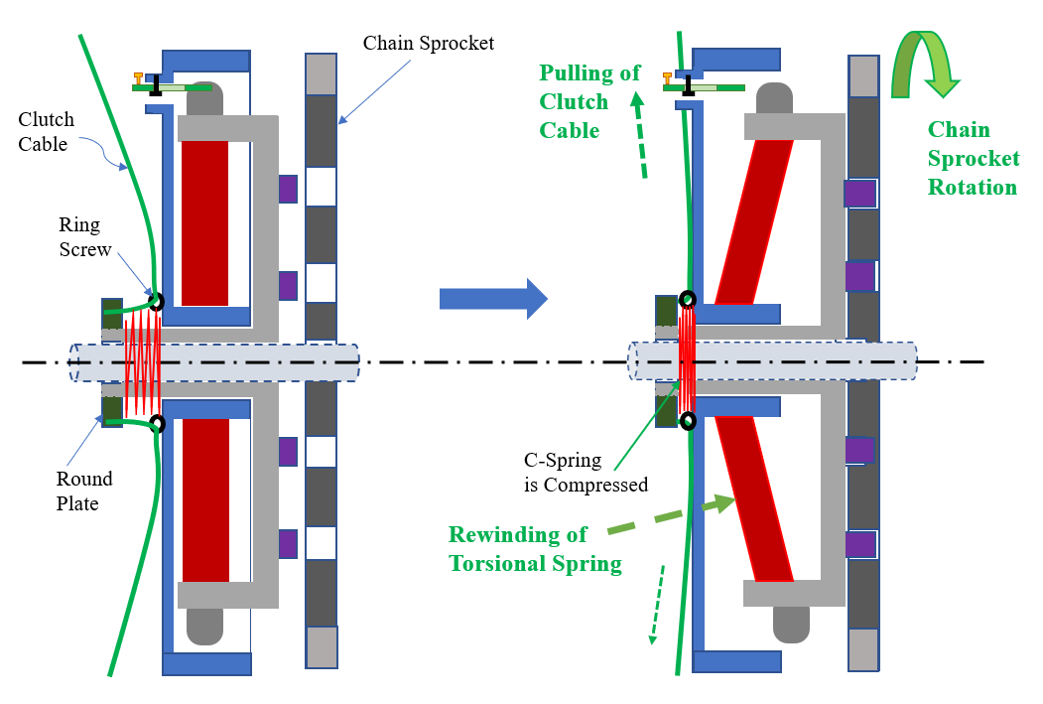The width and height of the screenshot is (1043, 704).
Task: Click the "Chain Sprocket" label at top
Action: tap(428, 44)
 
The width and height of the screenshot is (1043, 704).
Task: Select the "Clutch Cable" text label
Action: tap(46, 132)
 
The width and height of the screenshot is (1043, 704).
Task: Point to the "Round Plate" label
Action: tap(83, 491)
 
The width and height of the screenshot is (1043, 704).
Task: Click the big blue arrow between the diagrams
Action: tap(492, 299)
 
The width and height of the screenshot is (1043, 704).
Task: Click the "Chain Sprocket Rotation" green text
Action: tap(973, 158)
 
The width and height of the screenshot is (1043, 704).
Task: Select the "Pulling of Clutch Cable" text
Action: tap(589, 101)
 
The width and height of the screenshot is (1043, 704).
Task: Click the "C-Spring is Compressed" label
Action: tap(586, 473)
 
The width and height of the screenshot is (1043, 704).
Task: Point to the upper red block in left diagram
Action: tap(205, 221)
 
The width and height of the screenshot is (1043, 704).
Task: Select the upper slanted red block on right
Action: tap(755, 221)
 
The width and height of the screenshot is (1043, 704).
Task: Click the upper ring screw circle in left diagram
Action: tap(156, 300)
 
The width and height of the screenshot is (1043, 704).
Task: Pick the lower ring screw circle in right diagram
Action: tap(687, 420)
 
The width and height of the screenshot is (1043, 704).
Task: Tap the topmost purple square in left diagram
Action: tap(288, 189)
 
